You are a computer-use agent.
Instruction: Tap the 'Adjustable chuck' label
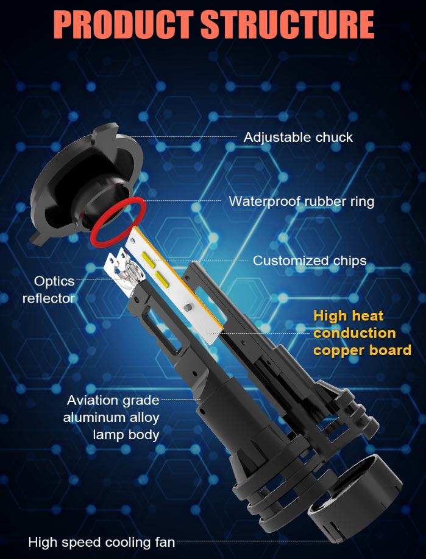click(x=298, y=137)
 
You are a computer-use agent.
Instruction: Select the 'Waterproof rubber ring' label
click(x=301, y=201)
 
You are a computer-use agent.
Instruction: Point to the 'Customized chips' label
click(x=310, y=261)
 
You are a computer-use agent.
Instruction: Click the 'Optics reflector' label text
click(x=52, y=290)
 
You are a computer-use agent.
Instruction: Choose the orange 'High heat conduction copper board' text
click(x=362, y=333)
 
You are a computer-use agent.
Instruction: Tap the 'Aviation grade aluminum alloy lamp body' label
click(x=113, y=418)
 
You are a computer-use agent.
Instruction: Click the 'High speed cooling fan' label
click(x=102, y=542)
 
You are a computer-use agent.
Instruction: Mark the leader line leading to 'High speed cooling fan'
click(x=244, y=541)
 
